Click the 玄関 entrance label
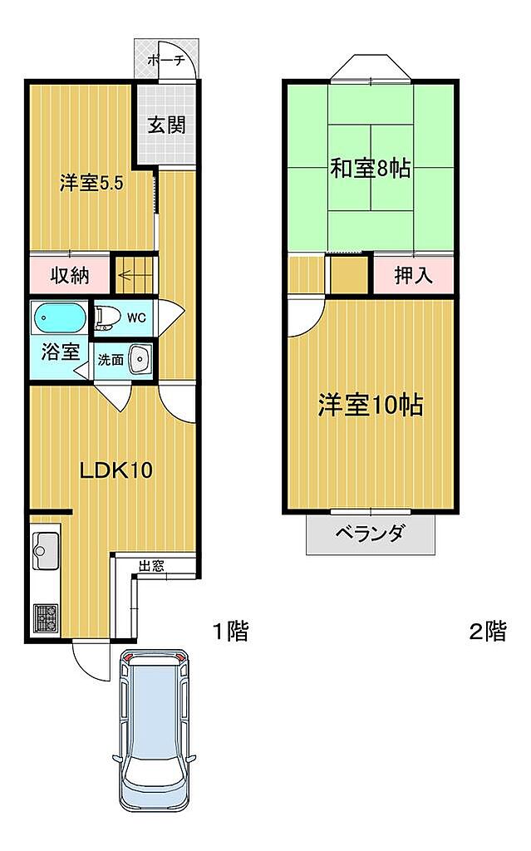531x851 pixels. click(167, 125)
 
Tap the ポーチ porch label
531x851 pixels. click(166, 60)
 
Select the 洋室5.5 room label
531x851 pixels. click(91, 183)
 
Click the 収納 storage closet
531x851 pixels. click(70, 276)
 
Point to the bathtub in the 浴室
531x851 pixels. click(60, 318)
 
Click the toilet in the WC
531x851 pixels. click(107, 318)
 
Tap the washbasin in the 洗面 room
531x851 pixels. click(140, 359)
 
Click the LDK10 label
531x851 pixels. click(116, 470)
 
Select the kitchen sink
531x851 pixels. click(47, 550)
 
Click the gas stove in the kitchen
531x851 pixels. click(47, 618)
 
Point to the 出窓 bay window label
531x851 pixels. click(151, 565)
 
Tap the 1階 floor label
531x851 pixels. click(230, 631)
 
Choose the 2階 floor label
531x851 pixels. click(488, 631)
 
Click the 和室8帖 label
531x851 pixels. click(371, 168)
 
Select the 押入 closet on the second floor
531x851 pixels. click(413, 275)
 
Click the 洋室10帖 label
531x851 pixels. click(371, 405)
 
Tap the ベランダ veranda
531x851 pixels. click(371, 534)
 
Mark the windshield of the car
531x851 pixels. click(155, 770)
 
